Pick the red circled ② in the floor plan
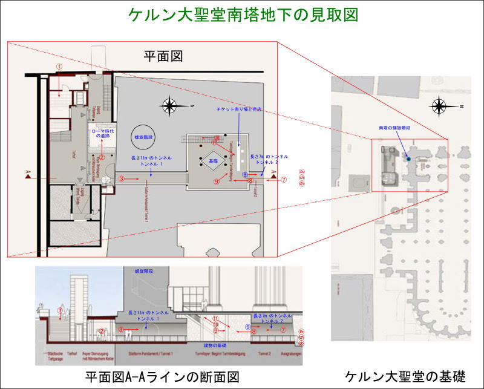(102, 157)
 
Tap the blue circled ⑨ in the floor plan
(245, 174)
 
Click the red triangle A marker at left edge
(28, 175)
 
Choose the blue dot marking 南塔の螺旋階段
(408, 159)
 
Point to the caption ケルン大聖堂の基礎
(405, 376)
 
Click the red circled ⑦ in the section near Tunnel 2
(283, 330)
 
